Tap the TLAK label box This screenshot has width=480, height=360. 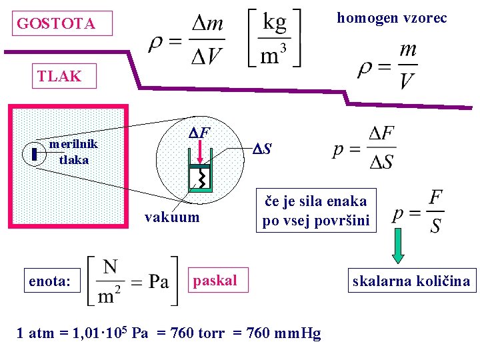click(61, 76)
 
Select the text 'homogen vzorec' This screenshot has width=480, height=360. click(392, 18)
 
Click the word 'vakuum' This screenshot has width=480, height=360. click(172, 217)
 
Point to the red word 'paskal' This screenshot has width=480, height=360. click(215, 281)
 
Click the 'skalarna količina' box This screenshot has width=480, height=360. click(411, 281)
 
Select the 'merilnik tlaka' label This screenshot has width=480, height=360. click(73, 152)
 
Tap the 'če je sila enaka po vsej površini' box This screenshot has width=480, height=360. click(315, 211)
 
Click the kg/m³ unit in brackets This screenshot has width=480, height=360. click(274, 37)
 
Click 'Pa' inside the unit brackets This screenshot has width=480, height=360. click(158, 281)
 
